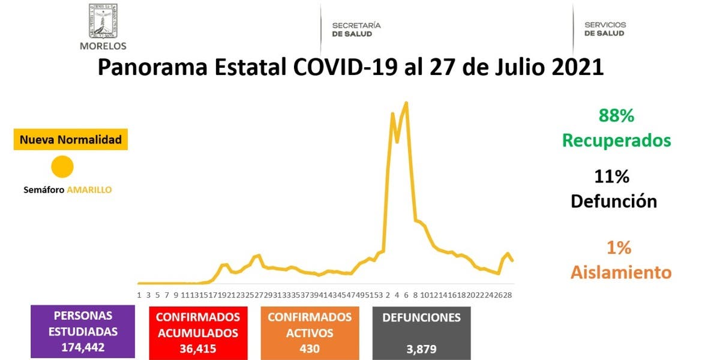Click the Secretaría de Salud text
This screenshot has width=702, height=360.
point(356,29)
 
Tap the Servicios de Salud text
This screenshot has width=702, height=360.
point(605,29)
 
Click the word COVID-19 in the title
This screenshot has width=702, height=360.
point(345,67)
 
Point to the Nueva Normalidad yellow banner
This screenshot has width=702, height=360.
point(71,140)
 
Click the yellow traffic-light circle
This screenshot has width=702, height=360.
point(62,167)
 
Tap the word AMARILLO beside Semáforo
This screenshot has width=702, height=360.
point(89,190)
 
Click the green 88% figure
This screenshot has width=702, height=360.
point(616,116)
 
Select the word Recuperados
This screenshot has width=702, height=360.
point(616,141)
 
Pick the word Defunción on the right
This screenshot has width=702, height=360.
point(614,201)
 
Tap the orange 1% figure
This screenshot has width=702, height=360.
point(619,247)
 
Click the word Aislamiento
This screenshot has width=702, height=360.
point(620,272)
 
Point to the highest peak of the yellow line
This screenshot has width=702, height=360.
point(407,103)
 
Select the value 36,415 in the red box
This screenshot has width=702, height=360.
point(198,349)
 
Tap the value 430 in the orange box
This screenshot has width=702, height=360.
point(310,349)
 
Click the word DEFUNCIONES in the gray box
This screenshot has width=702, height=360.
point(422,318)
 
